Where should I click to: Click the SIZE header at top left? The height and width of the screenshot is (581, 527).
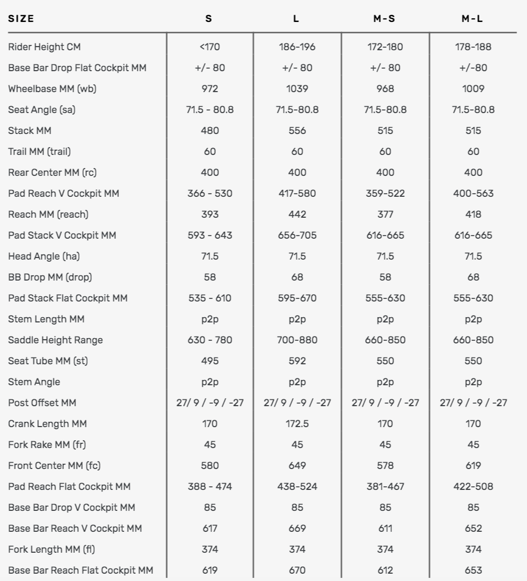(21, 18)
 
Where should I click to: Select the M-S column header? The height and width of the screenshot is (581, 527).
(385, 18)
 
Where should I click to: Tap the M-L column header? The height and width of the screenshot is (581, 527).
(473, 18)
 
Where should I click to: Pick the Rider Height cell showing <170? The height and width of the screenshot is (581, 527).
(210, 47)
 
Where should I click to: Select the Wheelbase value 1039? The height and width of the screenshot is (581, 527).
(297, 88)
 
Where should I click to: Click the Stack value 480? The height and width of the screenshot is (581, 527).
(210, 130)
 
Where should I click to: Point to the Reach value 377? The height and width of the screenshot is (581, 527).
(385, 214)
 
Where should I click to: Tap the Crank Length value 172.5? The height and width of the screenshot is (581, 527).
(297, 423)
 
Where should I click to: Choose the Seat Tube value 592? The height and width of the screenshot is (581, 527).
(297, 361)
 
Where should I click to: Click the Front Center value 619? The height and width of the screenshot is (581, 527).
(473, 465)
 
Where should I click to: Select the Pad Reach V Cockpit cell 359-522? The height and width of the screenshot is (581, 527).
(385, 193)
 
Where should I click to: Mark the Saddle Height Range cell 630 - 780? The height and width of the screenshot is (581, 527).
(210, 340)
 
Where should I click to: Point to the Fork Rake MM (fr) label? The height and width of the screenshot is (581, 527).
(47, 444)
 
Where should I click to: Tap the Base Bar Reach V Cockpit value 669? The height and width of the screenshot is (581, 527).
(297, 528)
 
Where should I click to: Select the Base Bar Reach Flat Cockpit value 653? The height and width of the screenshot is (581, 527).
(473, 570)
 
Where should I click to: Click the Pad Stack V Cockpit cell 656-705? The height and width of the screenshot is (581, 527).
(297, 235)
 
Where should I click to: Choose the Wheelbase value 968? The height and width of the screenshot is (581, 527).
(385, 88)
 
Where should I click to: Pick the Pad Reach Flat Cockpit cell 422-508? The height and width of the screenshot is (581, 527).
(473, 486)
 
